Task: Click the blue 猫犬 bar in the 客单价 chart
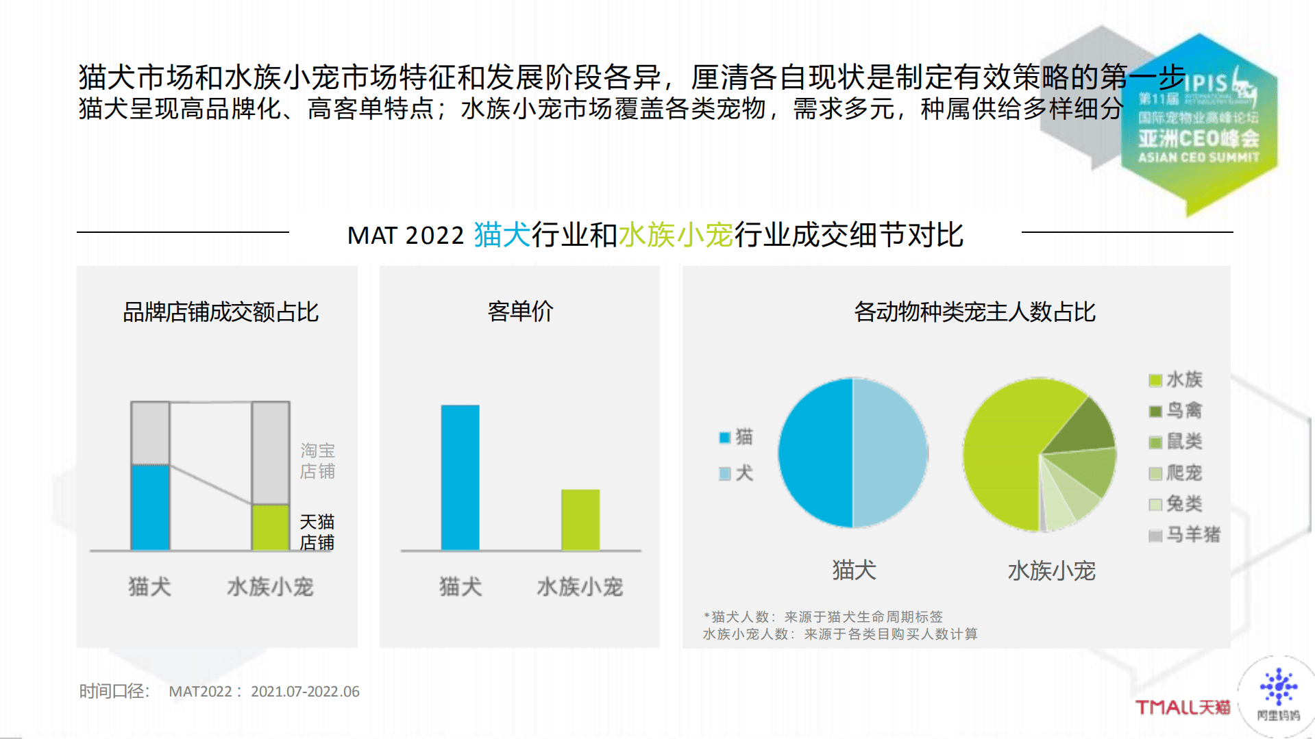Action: point(460,477)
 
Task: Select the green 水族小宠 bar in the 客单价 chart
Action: point(580,520)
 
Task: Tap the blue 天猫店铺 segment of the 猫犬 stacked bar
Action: point(150,507)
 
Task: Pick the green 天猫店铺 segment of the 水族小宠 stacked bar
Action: point(271,527)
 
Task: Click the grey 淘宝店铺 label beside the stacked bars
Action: point(317,461)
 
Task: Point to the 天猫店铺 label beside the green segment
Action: point(317,532)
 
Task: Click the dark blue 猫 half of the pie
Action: point(815,453)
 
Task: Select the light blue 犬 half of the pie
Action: point(890,453)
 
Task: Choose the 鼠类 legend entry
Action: point(1176,441)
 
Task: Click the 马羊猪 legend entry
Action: point(1185,534)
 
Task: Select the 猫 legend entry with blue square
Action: point(737,437)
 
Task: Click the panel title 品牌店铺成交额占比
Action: point(220,312)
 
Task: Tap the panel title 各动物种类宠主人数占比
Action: point(974,312)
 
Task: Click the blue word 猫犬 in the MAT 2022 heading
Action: point(502,235)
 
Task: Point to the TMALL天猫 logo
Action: point(1183,707)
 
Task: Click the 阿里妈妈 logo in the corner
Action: point(1278,695)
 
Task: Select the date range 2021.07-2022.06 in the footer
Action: point(305,692)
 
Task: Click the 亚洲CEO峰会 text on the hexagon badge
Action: point(1199,139)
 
